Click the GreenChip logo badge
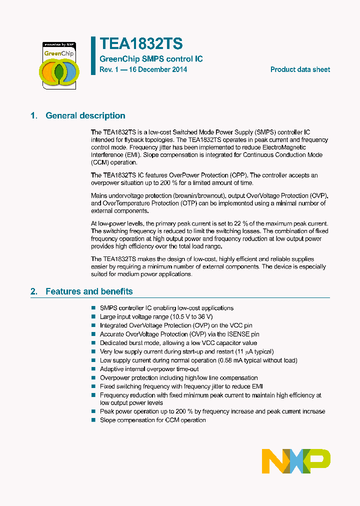[x=58, y=65]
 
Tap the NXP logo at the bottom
[x=296, y=461]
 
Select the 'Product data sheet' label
[x=300, y=69]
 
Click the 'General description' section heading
[x=85, y=115]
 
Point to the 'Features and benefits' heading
[x=89, y=291]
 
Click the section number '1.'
[x=34, y=115]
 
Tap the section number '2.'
[x=34, y=291]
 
